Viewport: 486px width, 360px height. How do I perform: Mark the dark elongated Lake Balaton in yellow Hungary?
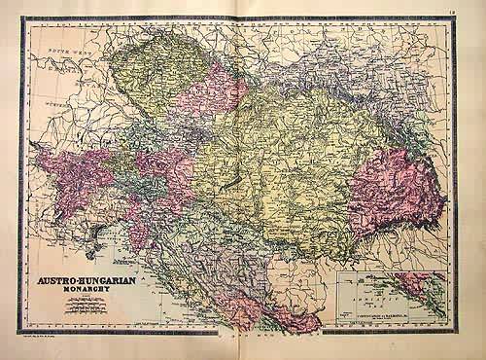pyautogui.click(x=230, y=182)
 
